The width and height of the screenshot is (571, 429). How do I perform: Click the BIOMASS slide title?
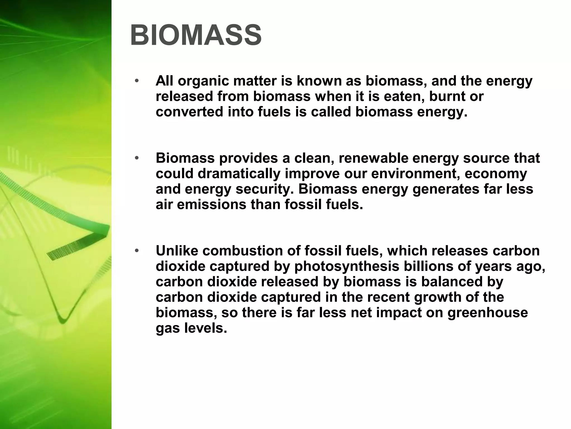(196, 35)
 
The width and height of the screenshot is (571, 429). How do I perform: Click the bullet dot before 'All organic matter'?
(136, 81)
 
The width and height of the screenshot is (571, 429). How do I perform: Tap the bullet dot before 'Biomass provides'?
(136, 158)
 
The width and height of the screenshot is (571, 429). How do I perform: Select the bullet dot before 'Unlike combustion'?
(136, 251)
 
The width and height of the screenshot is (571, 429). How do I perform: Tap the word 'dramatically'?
(239, 174)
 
